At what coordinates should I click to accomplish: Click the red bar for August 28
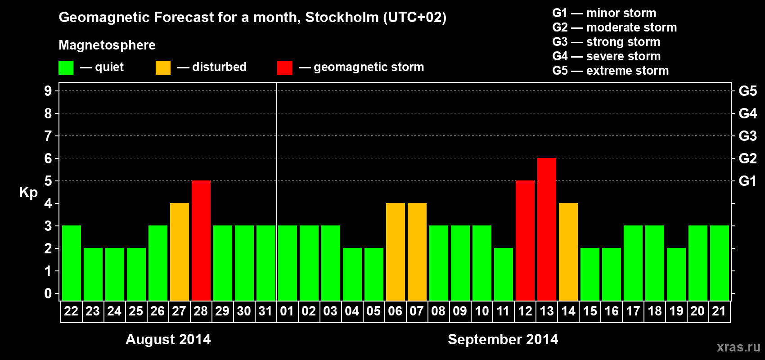[x=201, y=240]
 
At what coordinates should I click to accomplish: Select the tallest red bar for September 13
[x=547, y=229]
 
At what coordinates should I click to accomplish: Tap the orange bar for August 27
[x=180, y=252]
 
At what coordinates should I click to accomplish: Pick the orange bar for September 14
[x=568, y=252]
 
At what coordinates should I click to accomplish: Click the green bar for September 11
[x=504, y=274]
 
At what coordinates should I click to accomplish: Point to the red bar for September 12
[x=525, y=240]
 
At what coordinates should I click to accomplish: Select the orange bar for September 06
[x=396, y=252]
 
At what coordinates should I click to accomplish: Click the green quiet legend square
[x=66, y=68]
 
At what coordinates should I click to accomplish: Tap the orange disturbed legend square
[x=163, y=68]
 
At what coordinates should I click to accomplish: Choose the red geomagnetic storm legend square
[x=284, y=68]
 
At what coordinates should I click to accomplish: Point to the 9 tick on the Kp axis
[x=48, y=91]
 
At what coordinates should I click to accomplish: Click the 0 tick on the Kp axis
[x=48, y=293]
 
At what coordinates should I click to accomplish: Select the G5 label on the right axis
[x=747, y=91]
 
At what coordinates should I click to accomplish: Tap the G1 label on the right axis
[x=747, y=181]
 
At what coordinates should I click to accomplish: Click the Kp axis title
[x=28, y=192]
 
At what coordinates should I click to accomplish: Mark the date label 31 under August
[x=265, y=311]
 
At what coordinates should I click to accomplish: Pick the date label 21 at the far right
[x=719, y=311]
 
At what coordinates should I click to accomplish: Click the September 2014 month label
[x=503, y=339]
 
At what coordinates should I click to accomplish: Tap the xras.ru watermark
[x=738, y=347]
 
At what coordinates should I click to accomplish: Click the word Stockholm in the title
[x=342, y=18]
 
